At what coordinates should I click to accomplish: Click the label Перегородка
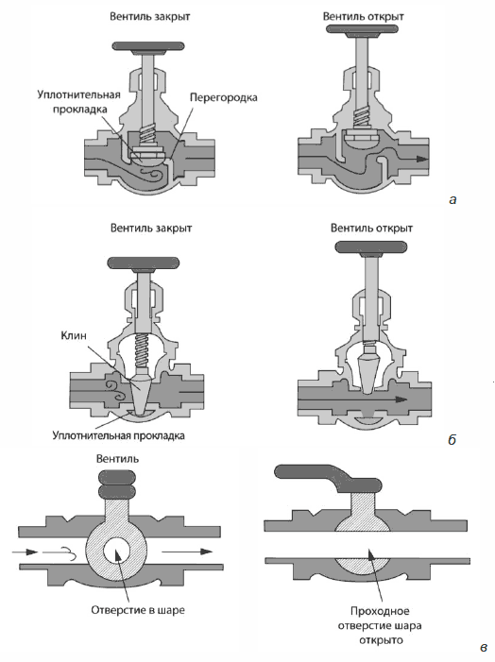point(224,97)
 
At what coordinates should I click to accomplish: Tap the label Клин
point(74,335)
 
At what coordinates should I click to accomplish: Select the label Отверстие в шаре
point(138,610)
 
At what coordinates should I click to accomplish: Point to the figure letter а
point(452,199)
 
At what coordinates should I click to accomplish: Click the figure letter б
point(452,439)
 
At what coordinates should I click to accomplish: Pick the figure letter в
point(484,647)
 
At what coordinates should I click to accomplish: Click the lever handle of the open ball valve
point(329,479)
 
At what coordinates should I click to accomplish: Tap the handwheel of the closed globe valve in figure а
point(148,46)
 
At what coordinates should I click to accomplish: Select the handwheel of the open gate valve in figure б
point(371,247)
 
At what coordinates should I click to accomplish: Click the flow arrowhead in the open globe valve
point(422,160)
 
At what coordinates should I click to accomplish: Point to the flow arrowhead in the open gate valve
point(401,399)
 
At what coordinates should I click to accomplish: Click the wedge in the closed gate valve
point(142,391)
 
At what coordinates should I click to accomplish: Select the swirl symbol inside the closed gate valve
point(115,391)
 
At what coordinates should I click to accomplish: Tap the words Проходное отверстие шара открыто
point(380,625)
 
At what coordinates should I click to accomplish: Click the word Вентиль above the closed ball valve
point(117,459)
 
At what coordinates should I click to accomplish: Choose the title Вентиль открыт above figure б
point(371,229)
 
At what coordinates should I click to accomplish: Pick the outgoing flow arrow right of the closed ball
point(188,552)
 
